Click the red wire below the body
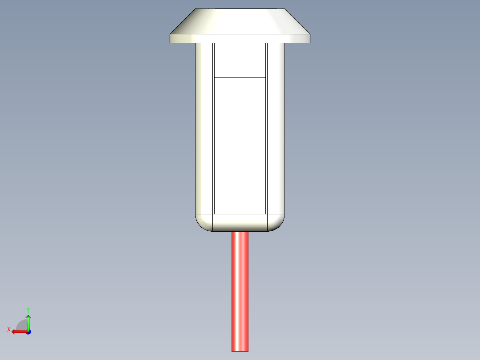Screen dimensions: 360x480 click(240, 290)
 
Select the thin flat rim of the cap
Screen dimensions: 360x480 click(240, 39)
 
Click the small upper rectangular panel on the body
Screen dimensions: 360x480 click(240, 60)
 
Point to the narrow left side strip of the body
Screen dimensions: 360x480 click(204, 129)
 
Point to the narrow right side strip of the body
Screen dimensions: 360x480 click(276, 129)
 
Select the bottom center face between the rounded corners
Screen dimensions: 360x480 click(240, 222)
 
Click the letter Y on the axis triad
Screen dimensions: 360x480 click(28, 309)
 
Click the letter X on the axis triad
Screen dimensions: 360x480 click(8, 330)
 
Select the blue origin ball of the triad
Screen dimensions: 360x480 click(28, 332)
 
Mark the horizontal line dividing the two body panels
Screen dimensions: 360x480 click(240, 77)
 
